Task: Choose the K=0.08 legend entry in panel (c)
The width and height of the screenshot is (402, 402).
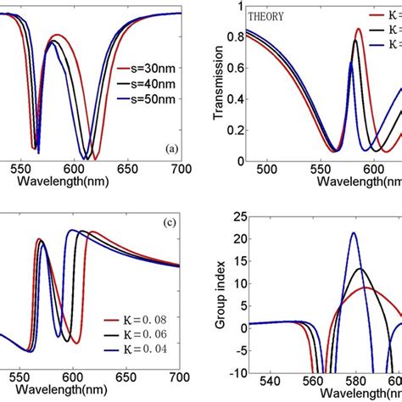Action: [137, 321]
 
